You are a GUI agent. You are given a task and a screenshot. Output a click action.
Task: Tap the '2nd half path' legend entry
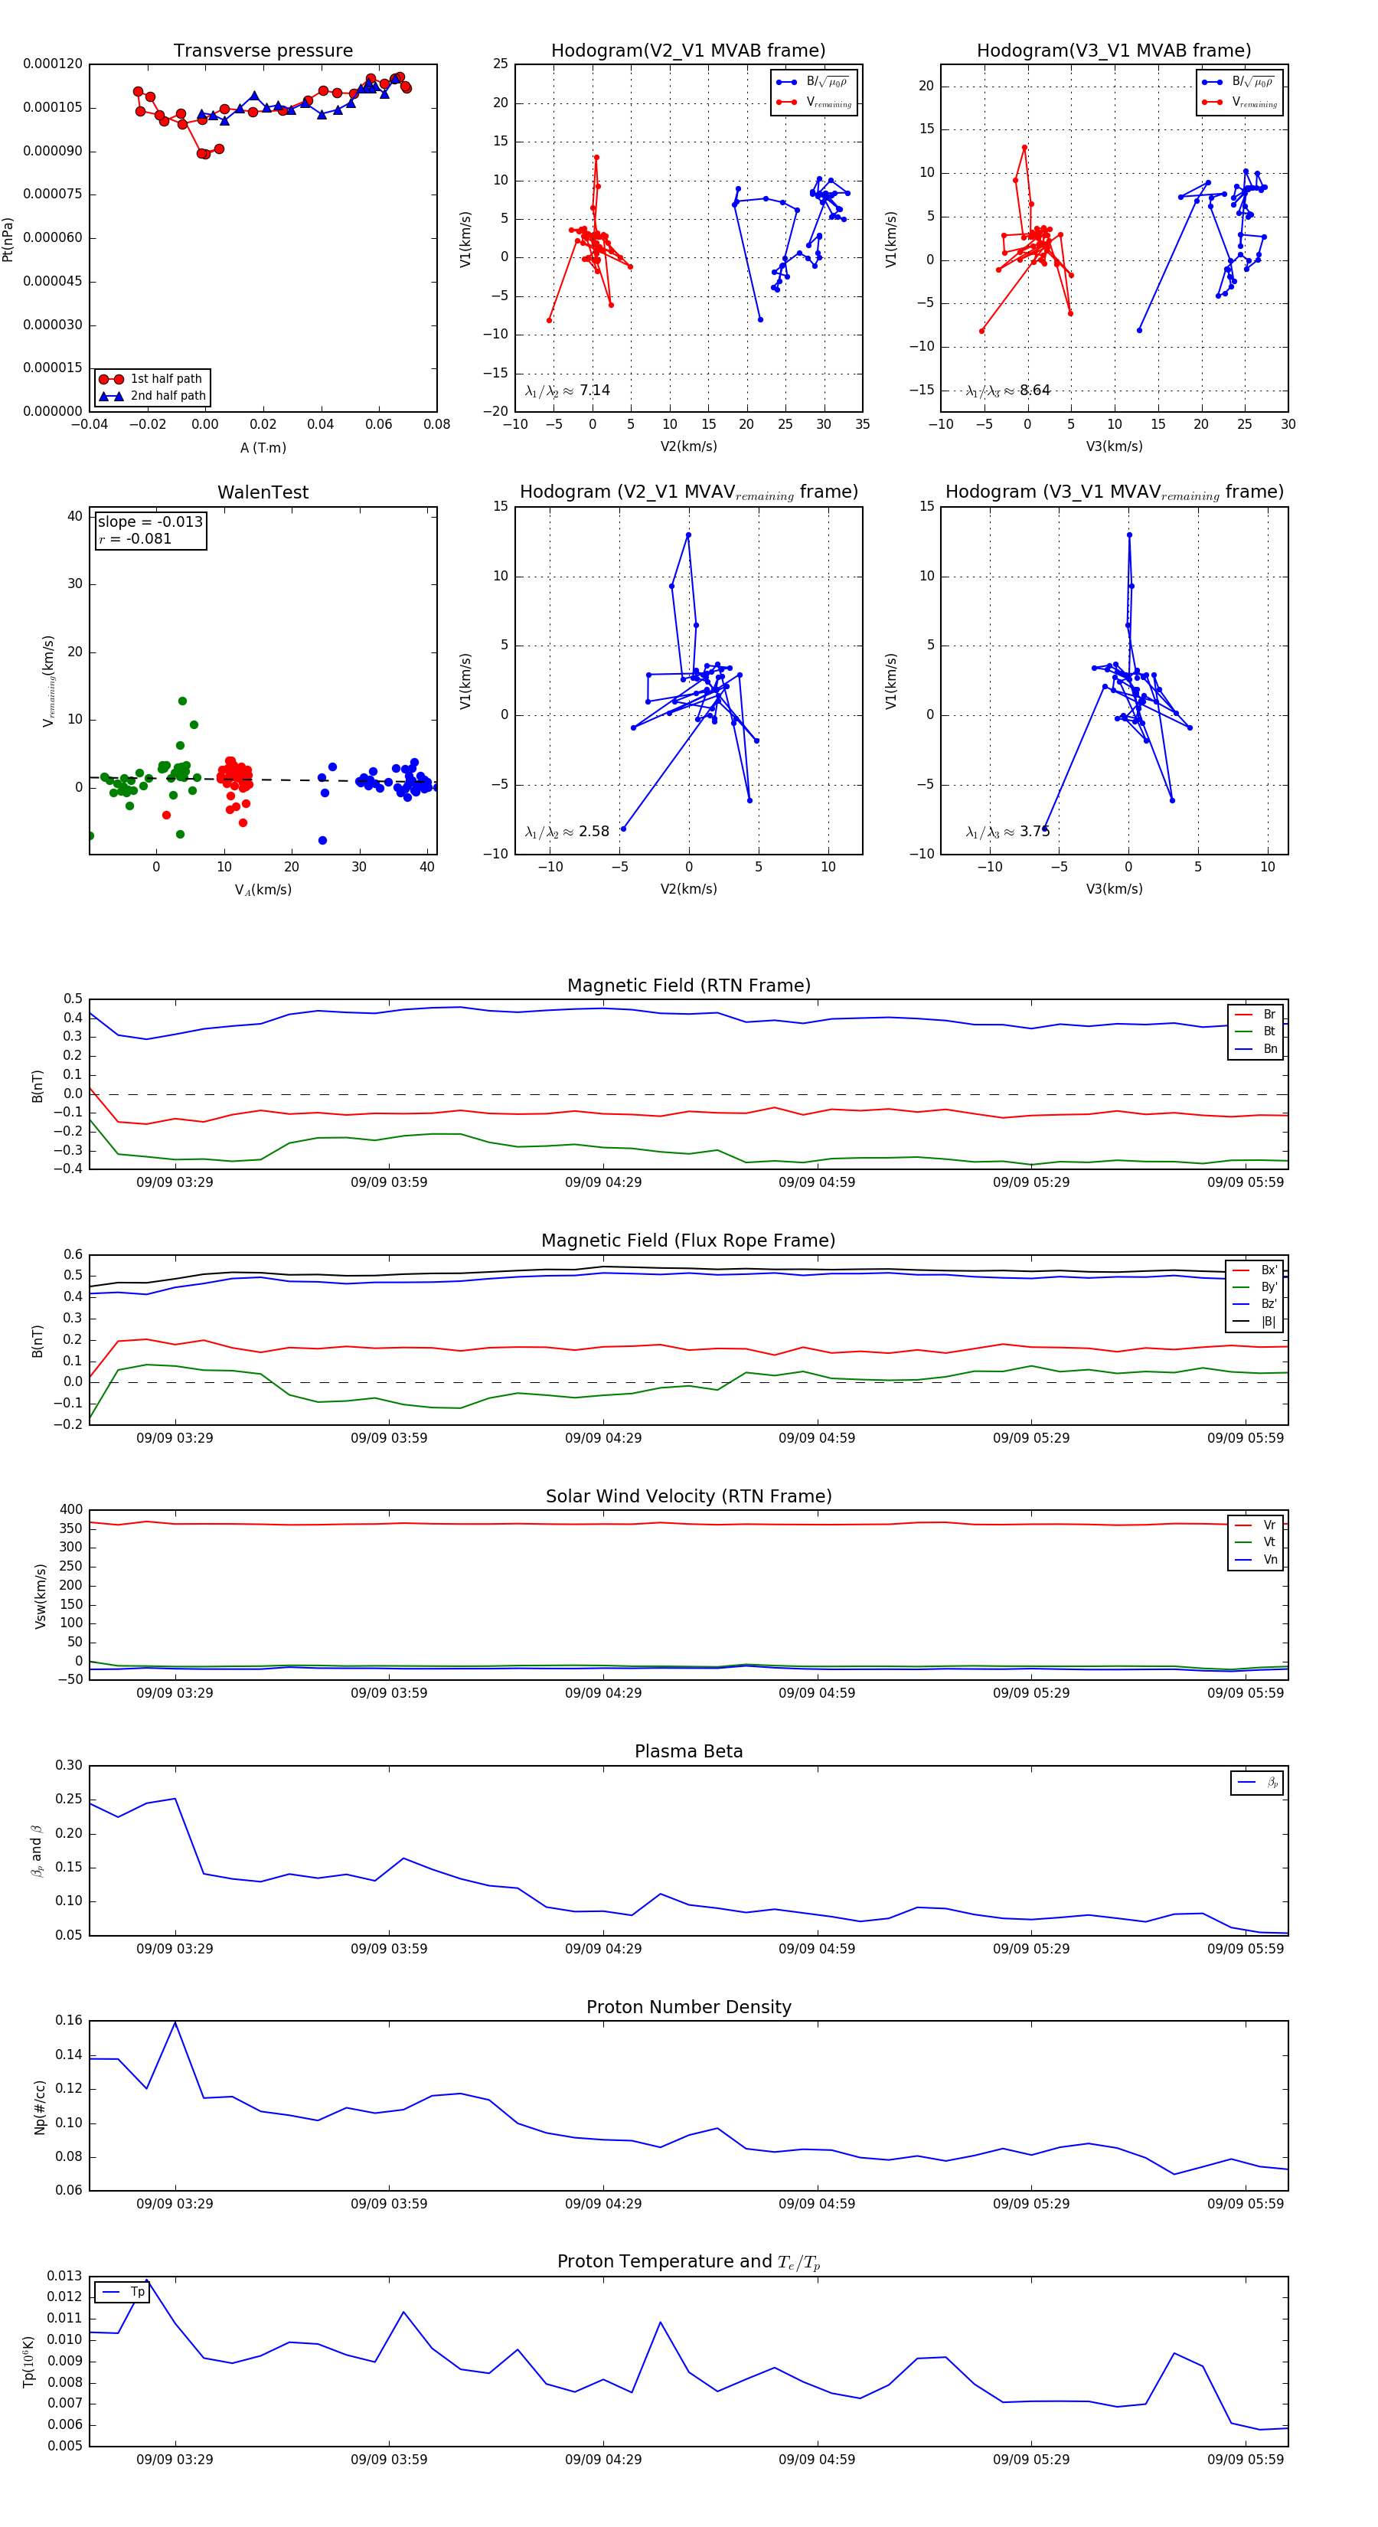coord(168,397)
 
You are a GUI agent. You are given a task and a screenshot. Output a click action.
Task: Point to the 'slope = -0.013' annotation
coord(150,522)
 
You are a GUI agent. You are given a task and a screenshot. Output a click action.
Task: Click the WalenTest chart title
coord(263,492)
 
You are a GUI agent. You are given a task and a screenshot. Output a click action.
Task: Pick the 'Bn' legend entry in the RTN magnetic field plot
coord(1269,1048)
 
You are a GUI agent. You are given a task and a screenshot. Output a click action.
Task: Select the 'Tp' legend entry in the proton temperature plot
coord(137,2293)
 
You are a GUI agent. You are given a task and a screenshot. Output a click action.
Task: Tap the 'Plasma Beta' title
coord(688,1752)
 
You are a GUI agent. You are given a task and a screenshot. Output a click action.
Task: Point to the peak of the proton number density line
coord(175,2023)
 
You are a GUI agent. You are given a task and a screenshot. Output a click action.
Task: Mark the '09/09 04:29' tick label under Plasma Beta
coord(603,1949)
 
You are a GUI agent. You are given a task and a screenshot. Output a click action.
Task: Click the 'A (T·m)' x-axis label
coord(263,448)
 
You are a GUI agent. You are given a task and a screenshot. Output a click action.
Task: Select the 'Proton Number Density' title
coord(688,2007)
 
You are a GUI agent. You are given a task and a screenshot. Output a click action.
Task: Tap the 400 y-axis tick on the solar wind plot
coord(70,1510)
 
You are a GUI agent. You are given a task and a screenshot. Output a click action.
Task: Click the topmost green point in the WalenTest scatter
coord(182,701)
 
